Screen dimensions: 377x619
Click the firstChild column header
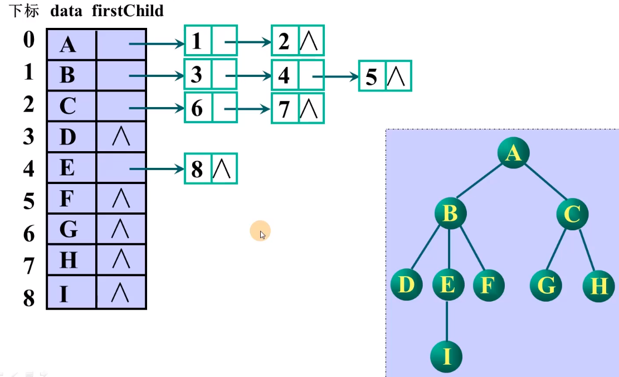(x=128, y=11)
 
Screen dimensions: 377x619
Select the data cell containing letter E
(x=68, y=167)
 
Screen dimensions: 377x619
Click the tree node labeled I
(x=447, y=355)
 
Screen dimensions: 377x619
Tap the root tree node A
(x=513, y=152)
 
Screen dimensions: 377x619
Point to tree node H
(x=598, y=286)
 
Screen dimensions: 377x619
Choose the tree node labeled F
(x=488, y=285)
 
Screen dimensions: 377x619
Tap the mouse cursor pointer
(x=262, y=234)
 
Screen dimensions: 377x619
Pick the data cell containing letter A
(x=68, y=44)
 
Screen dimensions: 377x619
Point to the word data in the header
(x=66, y=11)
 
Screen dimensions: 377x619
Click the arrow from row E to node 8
(x=158, y=168)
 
